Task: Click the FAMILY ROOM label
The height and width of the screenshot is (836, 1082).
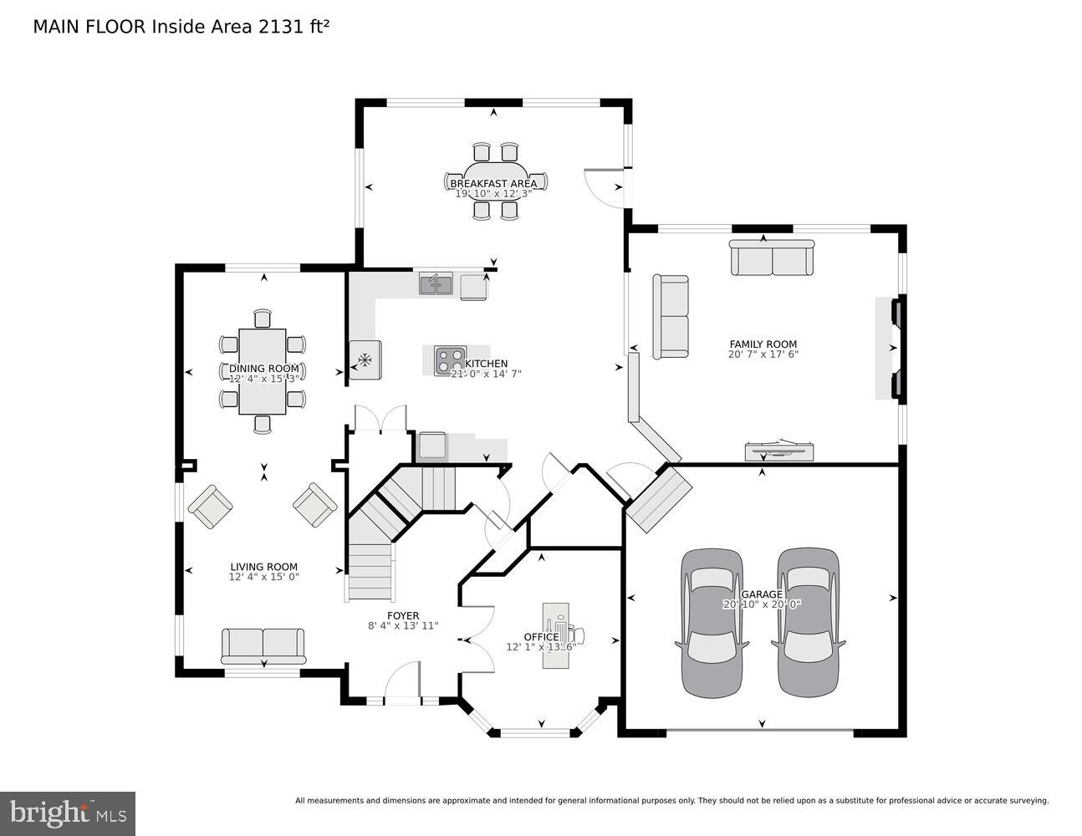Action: pyautogui.click(x=763, y=344)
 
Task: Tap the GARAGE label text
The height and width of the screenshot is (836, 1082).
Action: pyautogui.click(x=762, y=594)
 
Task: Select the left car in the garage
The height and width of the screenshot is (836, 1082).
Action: pyautogui.click(x=712, y=623)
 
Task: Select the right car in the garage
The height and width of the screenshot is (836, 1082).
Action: pyautogui.click(x=808, y=623)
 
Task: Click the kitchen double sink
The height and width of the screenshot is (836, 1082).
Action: pyautogui.click(x=436, y=284)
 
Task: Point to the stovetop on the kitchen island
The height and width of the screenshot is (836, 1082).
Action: pyautogui.click(x=449, y=360)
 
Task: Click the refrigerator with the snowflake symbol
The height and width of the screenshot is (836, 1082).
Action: pyautogui.click(x=365, y=360)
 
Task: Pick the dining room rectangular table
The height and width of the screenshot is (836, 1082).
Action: pyautogui.click(x=263, y=370)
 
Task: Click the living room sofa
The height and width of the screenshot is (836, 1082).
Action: pyautogui.click(x=263, y=645)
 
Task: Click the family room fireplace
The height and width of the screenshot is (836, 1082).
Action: pyautogui.click(x=891, y=348)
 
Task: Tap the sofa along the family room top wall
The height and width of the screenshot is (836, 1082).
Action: pyautogui.click(x=772, y=257)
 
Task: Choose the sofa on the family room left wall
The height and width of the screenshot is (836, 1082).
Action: pyautogui.click(x=671, y=317)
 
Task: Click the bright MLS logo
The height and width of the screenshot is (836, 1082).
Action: pyautogui.click(x=68, y=812)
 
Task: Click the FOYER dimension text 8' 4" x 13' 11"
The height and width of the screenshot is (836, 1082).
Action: pyautogui.click(x=403, y=625)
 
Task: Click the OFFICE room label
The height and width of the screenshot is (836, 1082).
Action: pyautogui.click(x=541, y=637)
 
